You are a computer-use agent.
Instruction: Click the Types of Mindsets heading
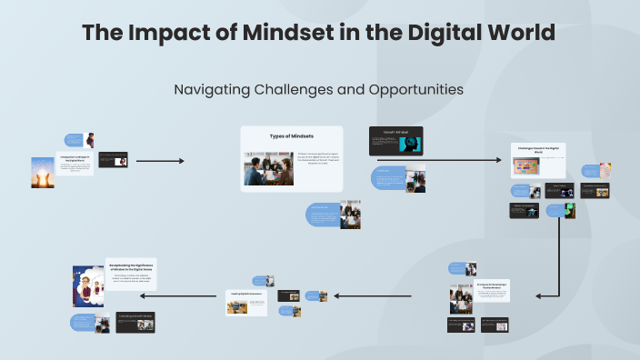[291, 136]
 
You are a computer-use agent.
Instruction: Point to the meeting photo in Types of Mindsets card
[267, 168]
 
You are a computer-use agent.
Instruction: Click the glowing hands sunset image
[44, 172]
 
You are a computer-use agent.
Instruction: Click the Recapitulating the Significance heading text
[132, 268]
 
